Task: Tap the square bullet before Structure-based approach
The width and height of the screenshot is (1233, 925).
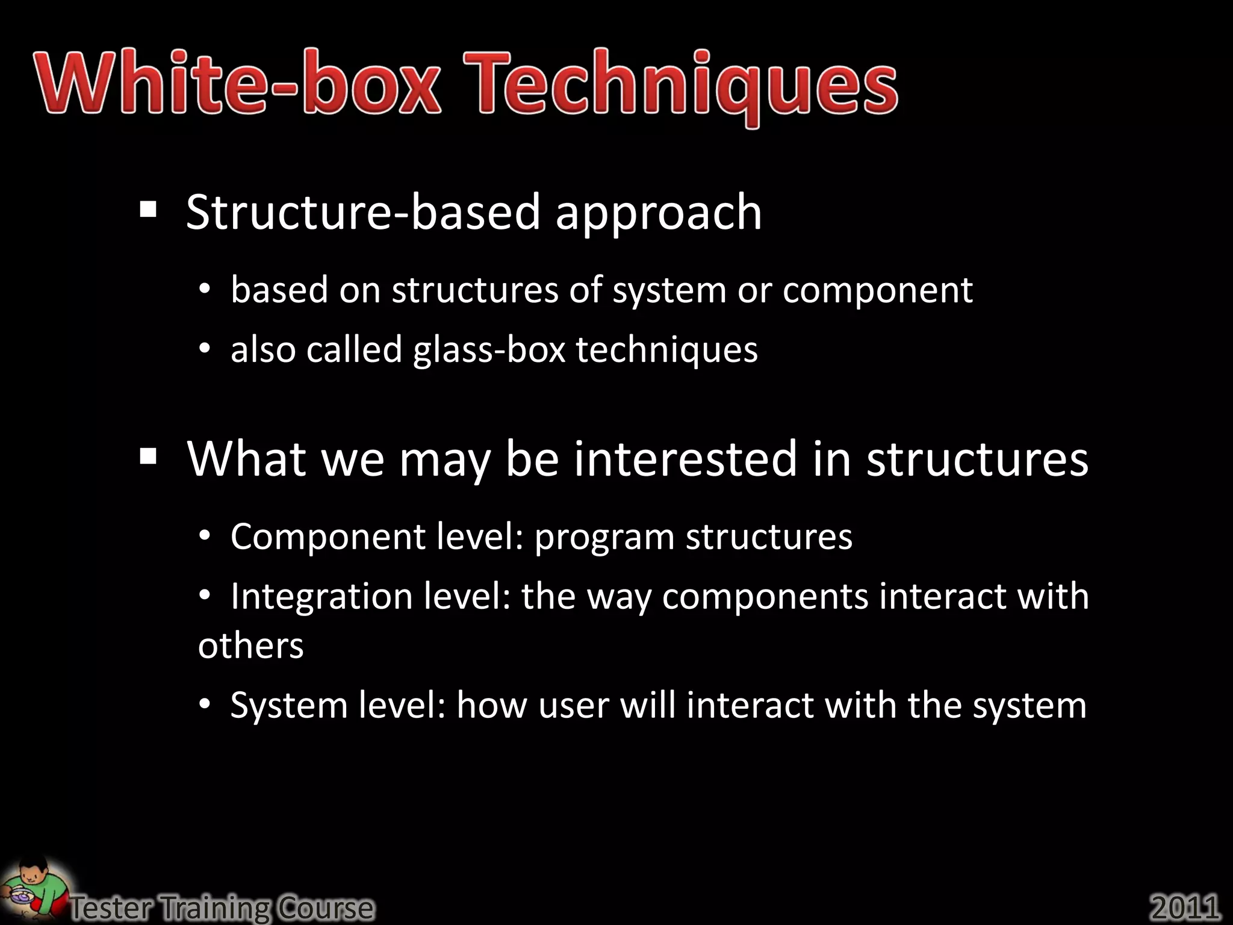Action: [x=148, y=210]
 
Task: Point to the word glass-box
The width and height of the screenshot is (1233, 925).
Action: [x=489, y=349]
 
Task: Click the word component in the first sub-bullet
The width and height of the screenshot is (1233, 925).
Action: [x=877, y=290]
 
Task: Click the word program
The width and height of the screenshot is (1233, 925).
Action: [x=604, y=537]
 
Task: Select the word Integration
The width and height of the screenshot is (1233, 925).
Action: [x=321, y=597]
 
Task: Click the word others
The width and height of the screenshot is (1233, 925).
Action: [x=250, y=646]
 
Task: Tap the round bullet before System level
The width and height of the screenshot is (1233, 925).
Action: [x=205, y=704]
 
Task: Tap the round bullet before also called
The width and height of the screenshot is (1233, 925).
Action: [x=205, y=349]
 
